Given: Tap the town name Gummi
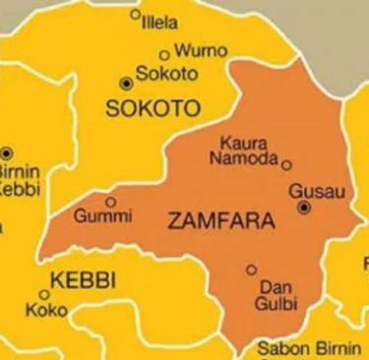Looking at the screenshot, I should [103, 216].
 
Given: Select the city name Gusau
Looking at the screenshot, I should [317, 190].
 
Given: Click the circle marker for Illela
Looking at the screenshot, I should [135, 15].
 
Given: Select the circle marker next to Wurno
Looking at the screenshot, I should [164, 56].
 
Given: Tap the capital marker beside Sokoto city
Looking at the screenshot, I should [124, 83].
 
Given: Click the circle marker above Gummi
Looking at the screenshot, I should [110, 201].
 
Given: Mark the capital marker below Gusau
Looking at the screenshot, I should [304, 208].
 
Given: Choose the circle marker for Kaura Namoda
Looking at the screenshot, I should [286, 165].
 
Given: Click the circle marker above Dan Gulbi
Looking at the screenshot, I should [251, 270].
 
